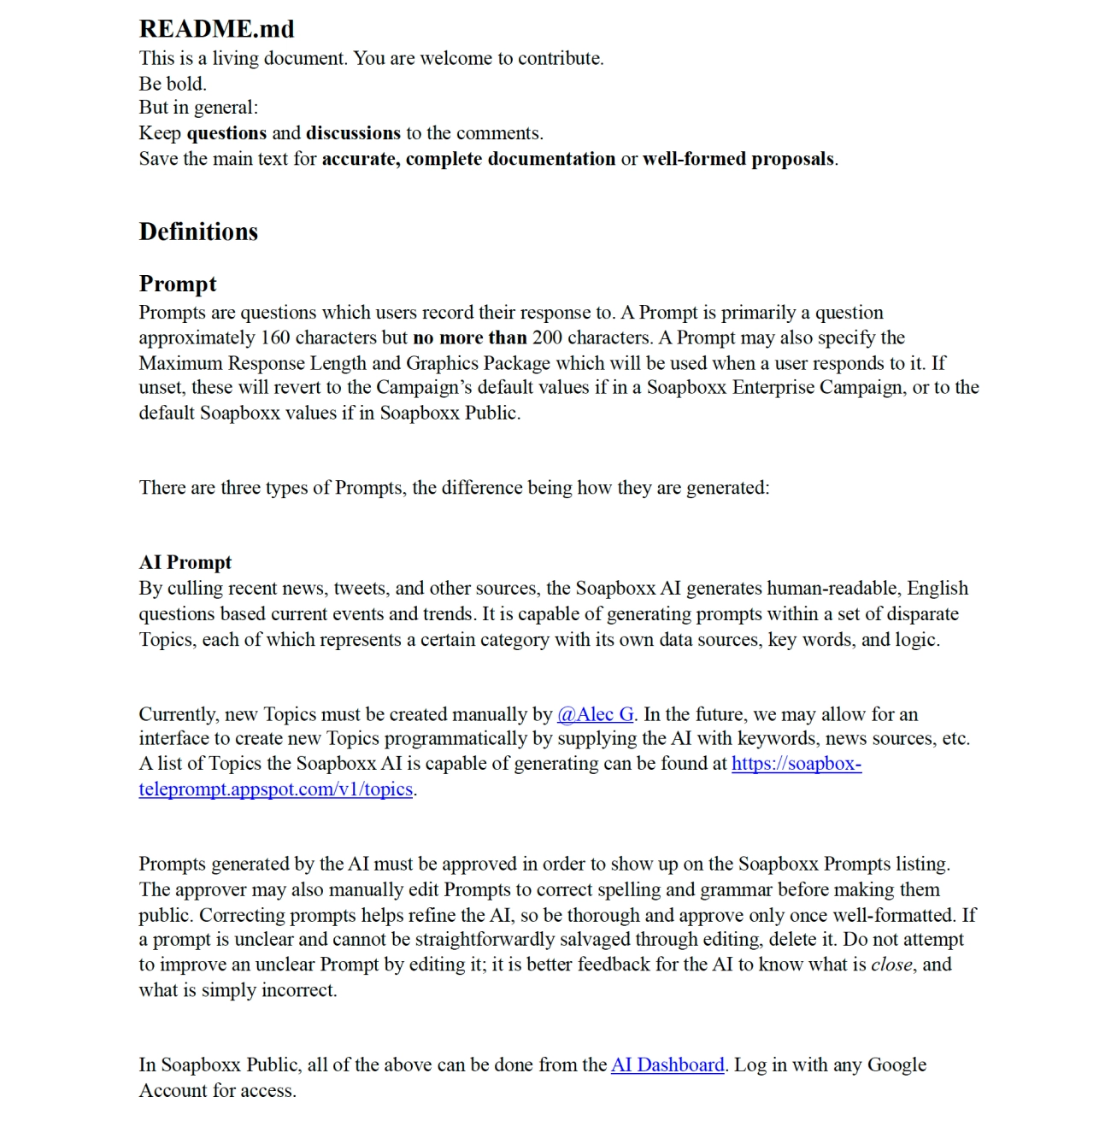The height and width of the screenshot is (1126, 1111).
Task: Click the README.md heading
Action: (x=216, y=29)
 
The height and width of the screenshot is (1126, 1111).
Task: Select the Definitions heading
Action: (x=198, y=232)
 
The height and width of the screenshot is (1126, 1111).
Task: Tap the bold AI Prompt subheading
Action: (x=185, y=562)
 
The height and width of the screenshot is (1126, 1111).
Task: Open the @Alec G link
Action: (x=596, y=714)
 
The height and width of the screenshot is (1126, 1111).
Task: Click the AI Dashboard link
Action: (x=667, y=1064)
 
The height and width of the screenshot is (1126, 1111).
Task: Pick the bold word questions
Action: (x=226, y=133)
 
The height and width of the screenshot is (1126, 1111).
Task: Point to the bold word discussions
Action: (x=353, y=133)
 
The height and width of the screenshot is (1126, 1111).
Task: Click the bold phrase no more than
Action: (x=469, y=337)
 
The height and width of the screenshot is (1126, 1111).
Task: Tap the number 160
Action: (x=275, y=337)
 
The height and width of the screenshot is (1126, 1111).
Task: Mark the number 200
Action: (x=547, y=337)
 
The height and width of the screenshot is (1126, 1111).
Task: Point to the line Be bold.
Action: (x=173, y=84)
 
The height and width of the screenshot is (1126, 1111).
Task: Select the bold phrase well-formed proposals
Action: (x=738, y=159)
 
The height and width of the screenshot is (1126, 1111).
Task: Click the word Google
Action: (x=896, y=1064)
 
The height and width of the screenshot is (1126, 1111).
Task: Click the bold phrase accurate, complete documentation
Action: (x=468, y=159)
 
